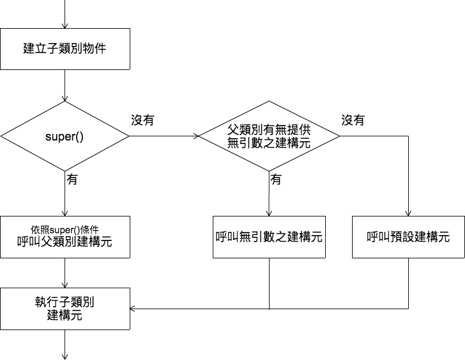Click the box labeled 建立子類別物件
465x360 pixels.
65,48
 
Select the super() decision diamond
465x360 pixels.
65,136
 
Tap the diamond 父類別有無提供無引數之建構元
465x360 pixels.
269,136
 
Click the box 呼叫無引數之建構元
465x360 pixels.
269,237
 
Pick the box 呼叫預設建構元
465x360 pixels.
408,237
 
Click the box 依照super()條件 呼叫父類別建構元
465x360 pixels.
65,237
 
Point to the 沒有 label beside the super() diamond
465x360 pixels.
143,120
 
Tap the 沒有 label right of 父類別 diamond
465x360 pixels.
353,120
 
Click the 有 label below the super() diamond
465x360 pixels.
72,179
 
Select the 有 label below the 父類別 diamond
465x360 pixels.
276,179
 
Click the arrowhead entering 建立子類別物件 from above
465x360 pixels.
65,25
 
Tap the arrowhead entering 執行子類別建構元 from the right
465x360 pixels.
133,309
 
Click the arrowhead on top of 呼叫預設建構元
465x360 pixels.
408,213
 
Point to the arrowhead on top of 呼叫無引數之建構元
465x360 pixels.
269,213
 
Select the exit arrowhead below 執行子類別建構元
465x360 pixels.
65,356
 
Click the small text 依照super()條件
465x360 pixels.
65,229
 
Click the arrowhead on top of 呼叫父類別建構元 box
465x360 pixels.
65,213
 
